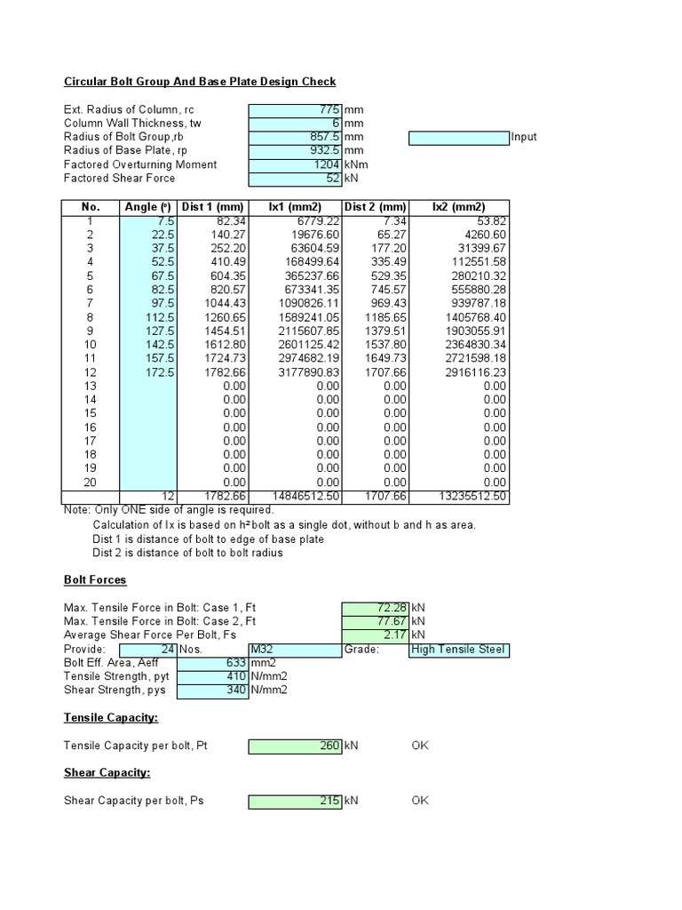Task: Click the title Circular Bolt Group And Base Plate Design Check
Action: [200, 82]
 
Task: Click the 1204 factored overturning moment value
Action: [325, 164]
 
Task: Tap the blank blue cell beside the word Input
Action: [458, 137]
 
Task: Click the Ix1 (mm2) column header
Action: [292, 207]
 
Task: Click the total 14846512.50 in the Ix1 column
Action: [299, 496]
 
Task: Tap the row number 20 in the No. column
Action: [90, 482]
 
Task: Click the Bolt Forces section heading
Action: [95, 580]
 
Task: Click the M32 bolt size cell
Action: [293, 650]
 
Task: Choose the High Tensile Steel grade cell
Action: [458, 650]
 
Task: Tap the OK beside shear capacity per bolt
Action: [419, 801]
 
